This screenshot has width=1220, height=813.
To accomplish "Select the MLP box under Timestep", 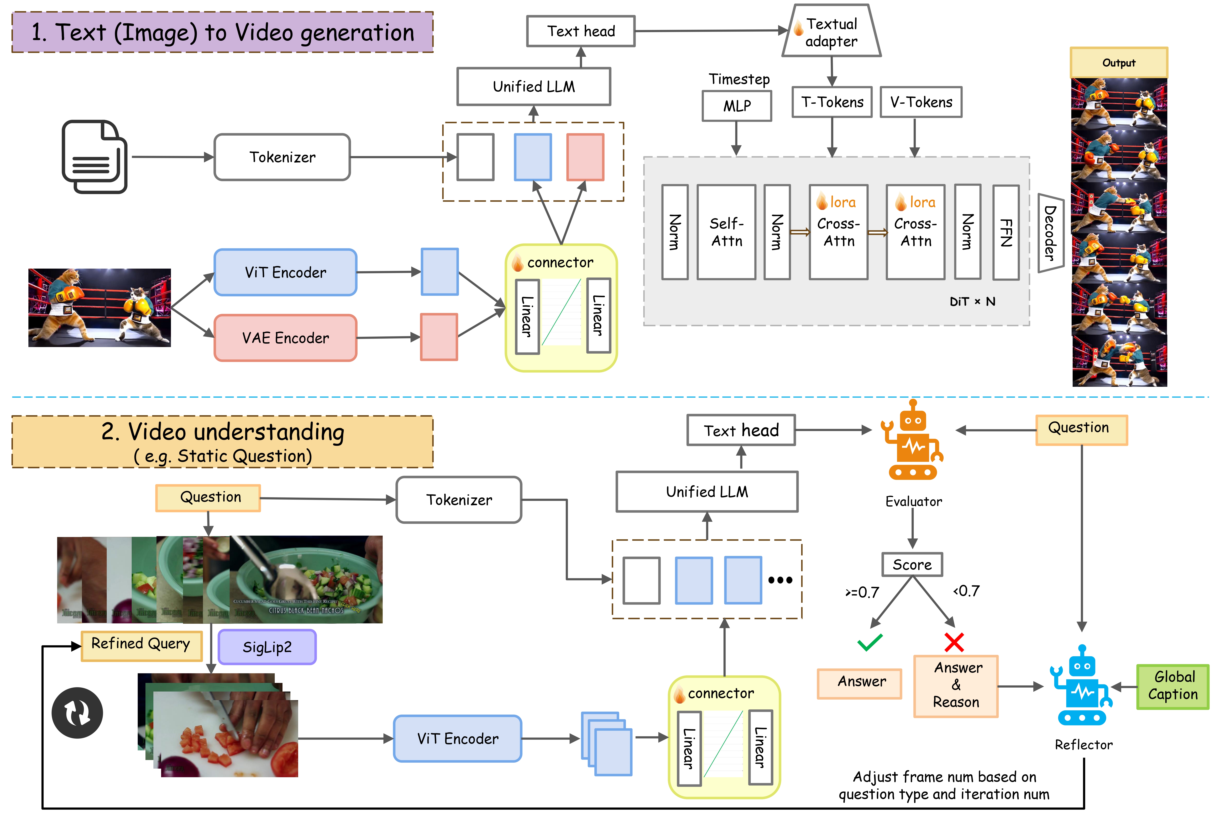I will tap(737, 106).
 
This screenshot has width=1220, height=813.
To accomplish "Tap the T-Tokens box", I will tap(832, 102).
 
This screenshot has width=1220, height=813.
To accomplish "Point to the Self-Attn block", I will tap(726, 232).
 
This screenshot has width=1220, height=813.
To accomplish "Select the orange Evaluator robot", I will tap(913, 441).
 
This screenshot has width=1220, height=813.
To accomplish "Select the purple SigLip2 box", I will tap(267, 647).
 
